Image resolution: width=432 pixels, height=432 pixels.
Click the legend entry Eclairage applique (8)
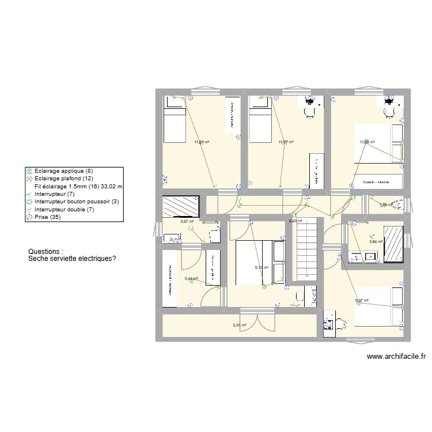[59, 171]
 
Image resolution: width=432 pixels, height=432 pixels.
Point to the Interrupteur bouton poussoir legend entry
[76, 202]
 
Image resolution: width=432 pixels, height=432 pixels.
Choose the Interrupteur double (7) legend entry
[64, 209]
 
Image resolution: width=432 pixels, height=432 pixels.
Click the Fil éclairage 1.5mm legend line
[78, 187]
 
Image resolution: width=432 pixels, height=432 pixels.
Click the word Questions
[46, 252]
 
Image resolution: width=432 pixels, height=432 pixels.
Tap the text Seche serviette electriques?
[72, 259]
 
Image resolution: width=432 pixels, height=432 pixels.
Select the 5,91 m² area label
[240, 325]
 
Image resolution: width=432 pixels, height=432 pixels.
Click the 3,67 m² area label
[187, 221]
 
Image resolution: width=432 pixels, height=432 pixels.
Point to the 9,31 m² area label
[262, 268]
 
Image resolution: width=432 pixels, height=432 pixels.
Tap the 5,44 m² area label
[191, 279]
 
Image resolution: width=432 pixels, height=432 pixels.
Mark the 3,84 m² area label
[376, 242]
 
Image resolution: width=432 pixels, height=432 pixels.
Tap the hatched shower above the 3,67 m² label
[180, 206]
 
